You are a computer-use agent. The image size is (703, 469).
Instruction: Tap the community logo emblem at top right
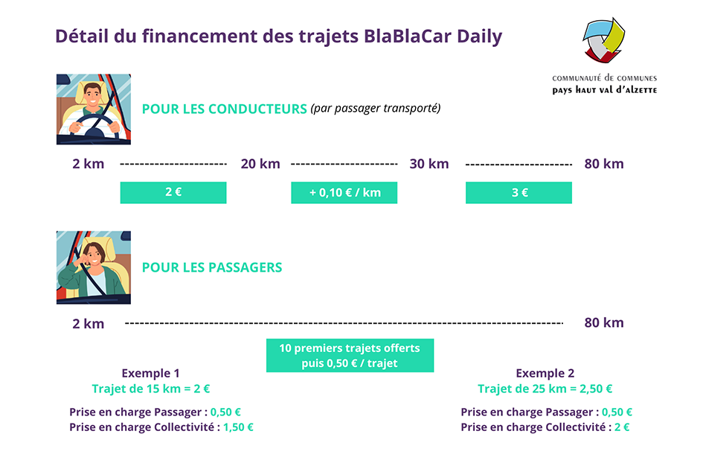point(603,42)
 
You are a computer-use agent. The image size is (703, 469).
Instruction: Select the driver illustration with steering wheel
point(94,109)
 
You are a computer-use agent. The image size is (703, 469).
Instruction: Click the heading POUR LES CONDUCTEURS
point(224,109)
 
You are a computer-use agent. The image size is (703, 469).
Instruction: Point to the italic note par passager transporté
point(376,108)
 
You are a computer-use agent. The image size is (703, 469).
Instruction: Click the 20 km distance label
point(260,164)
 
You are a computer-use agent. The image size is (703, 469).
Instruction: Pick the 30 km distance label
point(429,164)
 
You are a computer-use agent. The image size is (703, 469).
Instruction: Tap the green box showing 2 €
point(173,192)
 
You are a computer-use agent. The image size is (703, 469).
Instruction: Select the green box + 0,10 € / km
point(344,192)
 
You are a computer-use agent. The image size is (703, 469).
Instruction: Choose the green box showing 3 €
point(519,192)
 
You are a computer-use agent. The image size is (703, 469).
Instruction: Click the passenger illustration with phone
point(94,267)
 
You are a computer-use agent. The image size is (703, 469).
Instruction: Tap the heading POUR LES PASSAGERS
point(212,267)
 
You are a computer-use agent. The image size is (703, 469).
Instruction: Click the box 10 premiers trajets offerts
point(350,356)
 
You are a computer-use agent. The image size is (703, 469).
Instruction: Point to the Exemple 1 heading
point(150,373)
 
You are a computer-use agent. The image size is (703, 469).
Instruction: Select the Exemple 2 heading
point(545,373)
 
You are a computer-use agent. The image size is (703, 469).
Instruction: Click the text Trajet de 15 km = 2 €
point(151,389)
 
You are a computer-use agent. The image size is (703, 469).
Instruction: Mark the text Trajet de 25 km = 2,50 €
point(545,389)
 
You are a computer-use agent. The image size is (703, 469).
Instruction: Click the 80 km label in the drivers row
point(603,164)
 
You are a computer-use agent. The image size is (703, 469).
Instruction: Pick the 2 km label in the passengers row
point(88,323)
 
